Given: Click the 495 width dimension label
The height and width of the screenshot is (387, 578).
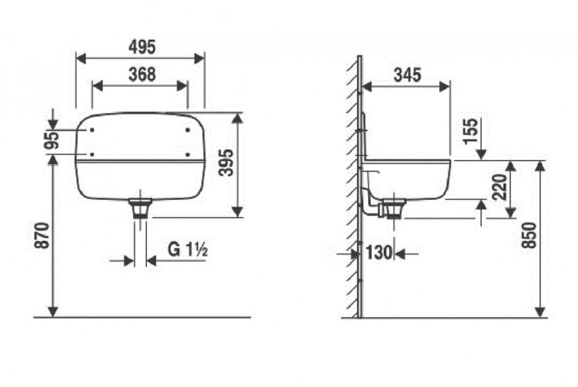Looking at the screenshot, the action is click(142, 47).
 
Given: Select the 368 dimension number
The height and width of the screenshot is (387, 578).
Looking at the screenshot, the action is click(142, 75).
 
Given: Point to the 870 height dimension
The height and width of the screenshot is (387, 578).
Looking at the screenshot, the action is click(42, 236).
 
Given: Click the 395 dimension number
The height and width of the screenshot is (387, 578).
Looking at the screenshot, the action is click(226, 162).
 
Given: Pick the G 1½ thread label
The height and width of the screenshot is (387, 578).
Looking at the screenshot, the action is click(188, 250).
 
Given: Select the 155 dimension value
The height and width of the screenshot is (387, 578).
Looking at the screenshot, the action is click(470, 131).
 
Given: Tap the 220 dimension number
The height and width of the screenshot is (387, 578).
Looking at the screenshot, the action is click(500, 187).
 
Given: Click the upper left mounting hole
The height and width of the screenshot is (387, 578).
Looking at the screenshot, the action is click(92, 130).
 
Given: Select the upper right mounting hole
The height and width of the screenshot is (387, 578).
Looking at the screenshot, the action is click(188, 129).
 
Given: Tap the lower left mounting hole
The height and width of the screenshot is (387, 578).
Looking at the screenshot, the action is click(92, 155).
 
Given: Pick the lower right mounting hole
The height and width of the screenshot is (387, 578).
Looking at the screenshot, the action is click(188, 155).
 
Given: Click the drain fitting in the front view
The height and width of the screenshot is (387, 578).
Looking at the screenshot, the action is click(140, 208).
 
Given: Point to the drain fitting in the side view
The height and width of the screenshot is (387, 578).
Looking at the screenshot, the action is click(394, 209).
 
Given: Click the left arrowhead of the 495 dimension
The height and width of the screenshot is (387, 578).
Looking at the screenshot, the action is click(81, 58).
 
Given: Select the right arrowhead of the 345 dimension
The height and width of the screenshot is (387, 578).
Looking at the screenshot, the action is click(445, 87).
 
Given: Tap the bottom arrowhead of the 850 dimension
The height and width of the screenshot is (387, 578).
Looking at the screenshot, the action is click(540, 312).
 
